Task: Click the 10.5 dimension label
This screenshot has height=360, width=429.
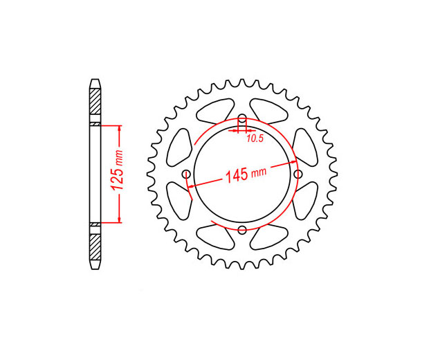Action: (x=255, y=138)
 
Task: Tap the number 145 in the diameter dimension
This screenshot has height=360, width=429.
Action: (x=237, y=175)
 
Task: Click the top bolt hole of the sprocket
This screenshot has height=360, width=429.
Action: (x=242, y=119)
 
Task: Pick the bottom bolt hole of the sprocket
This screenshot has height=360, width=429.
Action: (x=242, y=230)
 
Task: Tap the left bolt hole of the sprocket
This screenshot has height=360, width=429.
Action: (x=187, y=174)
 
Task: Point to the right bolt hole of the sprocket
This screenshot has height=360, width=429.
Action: (x=298, y=174)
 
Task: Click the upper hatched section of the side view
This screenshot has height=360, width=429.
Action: (x=95, y=102)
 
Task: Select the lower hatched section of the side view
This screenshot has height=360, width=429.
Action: (x=95, y=247)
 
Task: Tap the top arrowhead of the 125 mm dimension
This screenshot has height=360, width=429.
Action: (x=119, y=129)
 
